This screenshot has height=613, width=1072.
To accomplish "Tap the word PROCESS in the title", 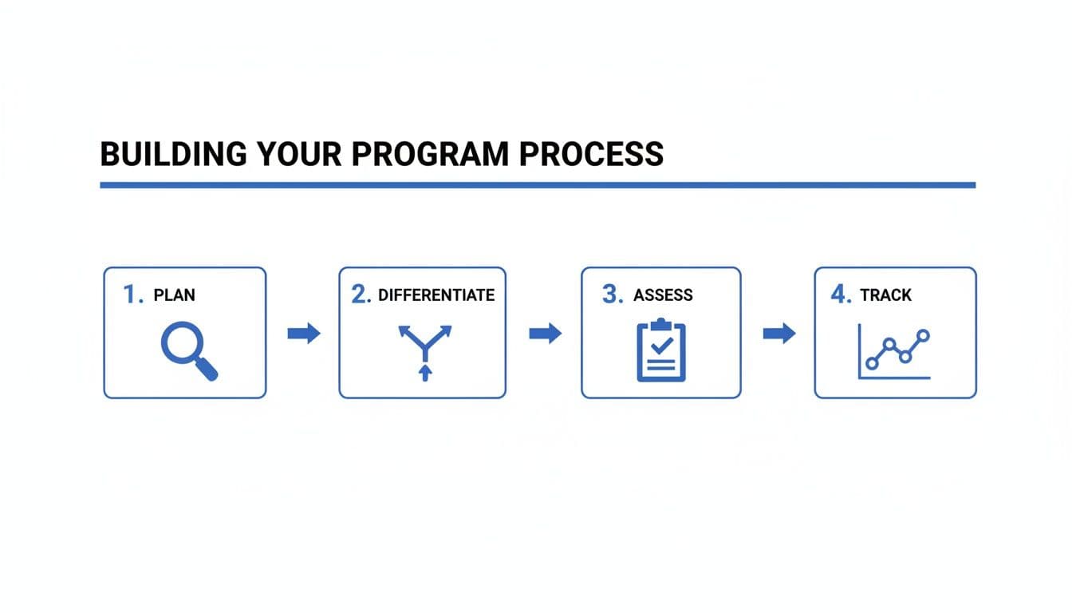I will click(591, 154).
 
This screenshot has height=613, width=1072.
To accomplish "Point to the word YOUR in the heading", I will click(299, 154).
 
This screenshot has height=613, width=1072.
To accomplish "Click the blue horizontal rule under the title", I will click(537, 185).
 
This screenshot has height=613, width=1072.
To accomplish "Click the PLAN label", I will click(174, 295).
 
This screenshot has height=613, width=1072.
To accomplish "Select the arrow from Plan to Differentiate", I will click(303, 334).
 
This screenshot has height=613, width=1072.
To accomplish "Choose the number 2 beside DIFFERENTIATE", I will click(361, 295).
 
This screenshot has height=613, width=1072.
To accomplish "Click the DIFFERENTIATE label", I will click(436, 295).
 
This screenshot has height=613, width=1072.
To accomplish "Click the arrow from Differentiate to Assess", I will click(545, 334).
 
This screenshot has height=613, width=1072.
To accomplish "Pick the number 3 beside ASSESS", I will click(612, 295).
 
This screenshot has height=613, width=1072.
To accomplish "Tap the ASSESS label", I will click(663, 295).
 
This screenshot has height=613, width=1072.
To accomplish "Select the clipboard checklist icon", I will click(661, 350).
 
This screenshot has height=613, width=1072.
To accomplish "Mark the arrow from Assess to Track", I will click(779, 334).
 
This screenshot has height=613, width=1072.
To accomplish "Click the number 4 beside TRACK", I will click(841, 295).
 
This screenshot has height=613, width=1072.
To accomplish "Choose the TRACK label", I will click(885, 295).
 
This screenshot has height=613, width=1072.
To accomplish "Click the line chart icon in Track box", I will click(894, 351).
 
